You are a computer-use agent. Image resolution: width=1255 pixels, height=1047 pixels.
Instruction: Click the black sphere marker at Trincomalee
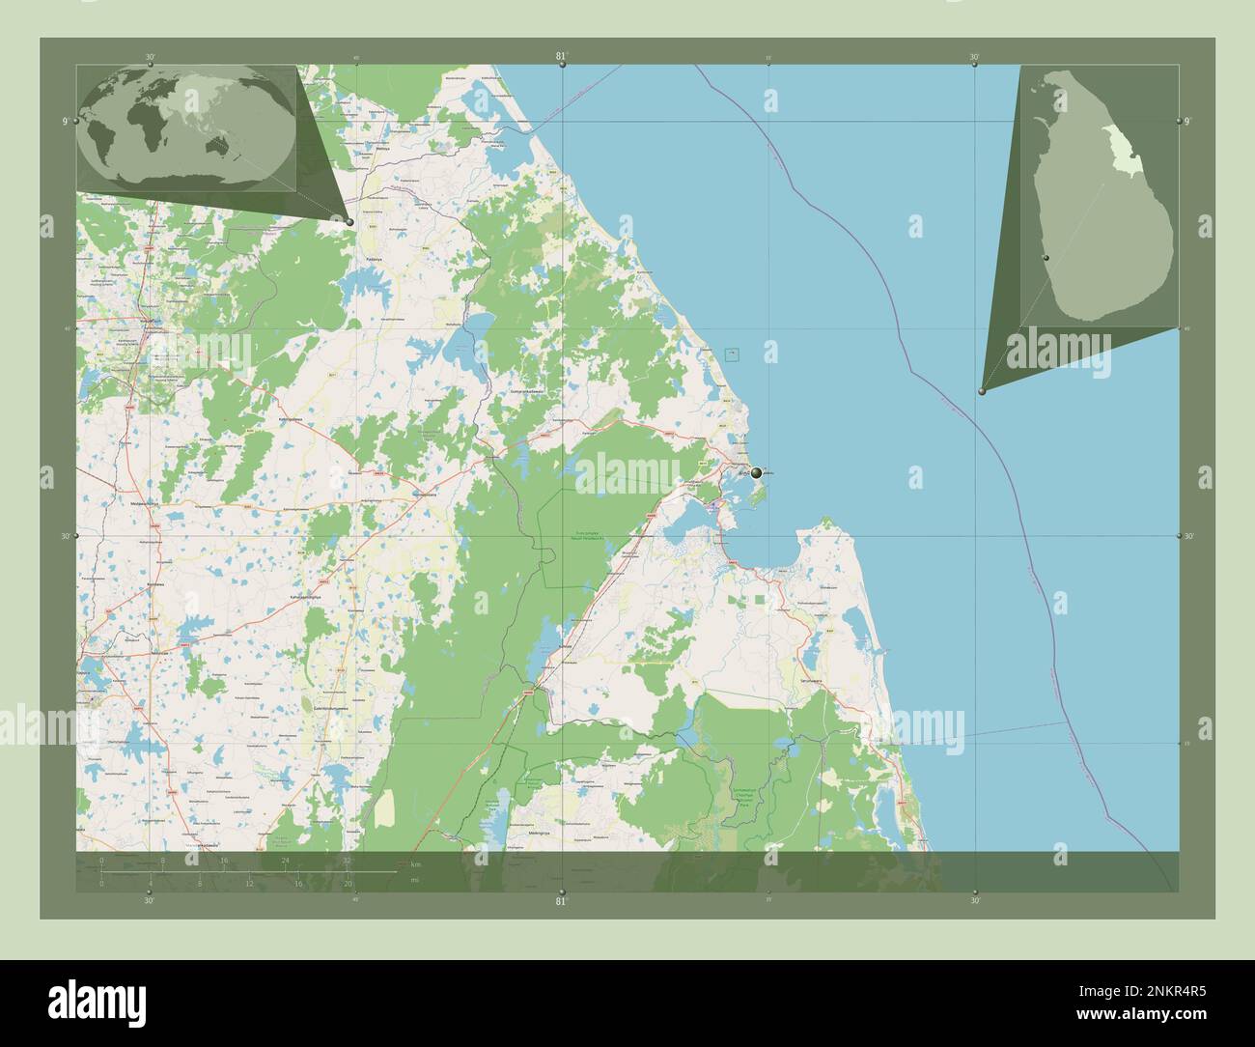756,472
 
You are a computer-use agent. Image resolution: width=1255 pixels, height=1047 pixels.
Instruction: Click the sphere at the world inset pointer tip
349,222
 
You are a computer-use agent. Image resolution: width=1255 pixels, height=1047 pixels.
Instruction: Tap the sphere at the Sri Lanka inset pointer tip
982,391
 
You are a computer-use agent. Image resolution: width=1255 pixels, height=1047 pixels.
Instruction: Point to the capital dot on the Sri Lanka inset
1045,259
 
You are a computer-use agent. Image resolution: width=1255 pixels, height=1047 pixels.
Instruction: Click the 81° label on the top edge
561,56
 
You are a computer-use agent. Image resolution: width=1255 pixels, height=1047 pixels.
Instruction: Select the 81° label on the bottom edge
561,901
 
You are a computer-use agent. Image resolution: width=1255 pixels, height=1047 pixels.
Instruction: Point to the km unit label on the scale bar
416,863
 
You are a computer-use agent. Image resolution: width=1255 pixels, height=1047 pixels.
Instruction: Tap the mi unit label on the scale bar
414,880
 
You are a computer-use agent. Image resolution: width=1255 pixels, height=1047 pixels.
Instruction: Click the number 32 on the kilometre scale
346,859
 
